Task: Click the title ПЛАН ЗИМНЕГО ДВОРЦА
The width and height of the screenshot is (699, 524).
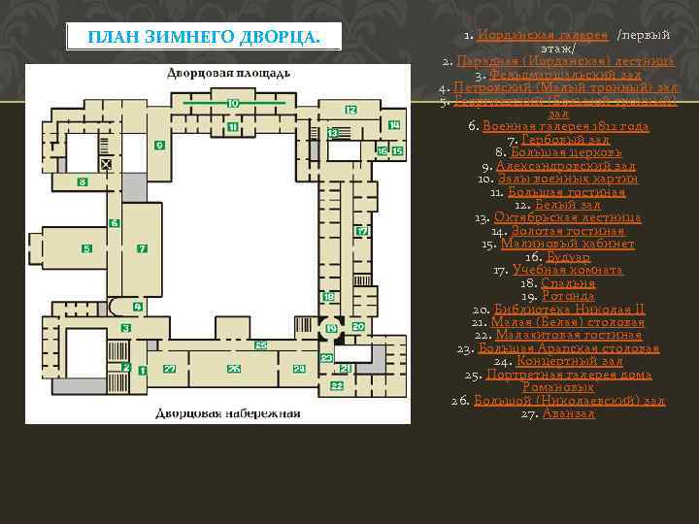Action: [x=204, y=38]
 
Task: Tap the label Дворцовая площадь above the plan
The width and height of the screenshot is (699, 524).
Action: [x=227, y=75]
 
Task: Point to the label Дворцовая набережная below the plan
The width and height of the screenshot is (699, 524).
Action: [x=229, y=413]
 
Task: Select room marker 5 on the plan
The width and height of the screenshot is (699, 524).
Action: [x=87, y=249]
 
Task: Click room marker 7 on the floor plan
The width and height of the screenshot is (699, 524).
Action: [x=142, y=249]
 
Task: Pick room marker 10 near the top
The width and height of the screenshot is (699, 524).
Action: [x=232, y=103]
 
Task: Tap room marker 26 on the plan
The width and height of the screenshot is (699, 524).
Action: [x=233, y=369]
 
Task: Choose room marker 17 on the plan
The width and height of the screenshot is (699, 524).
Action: [x=361, y=232]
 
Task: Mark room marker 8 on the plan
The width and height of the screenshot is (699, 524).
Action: [x=83, y=181]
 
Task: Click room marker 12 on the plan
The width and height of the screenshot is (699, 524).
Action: [x=349, y=110]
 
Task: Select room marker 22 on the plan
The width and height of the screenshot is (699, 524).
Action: [x=336, y=386]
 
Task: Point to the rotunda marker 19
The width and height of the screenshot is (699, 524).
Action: [x=331, y=329]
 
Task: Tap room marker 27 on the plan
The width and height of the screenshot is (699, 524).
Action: [x=169, y=369]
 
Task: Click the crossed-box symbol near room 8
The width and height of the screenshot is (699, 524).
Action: [x=106, y=167]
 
